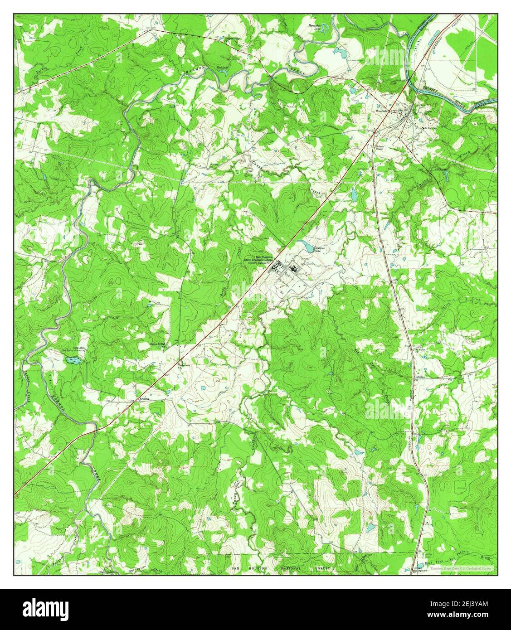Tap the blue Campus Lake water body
(x=308, y=248)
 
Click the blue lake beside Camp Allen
(x=73, y=360)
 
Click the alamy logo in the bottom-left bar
(x=41, y=608)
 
